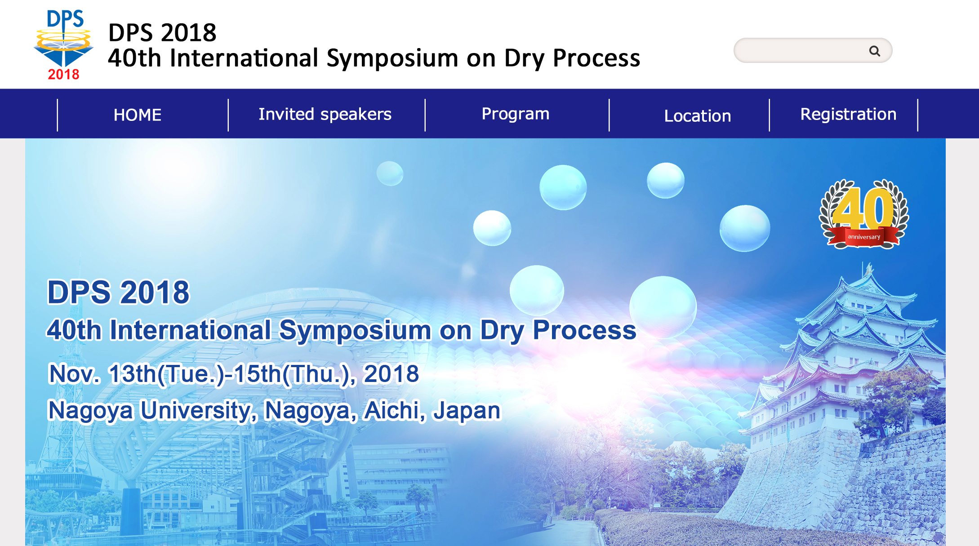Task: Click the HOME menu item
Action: [138, 115]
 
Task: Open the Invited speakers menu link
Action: [325, 115]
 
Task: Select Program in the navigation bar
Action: [516, 114]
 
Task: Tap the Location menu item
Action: [698, 116]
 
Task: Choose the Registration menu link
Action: [848, 115]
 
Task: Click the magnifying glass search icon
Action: [874, 51]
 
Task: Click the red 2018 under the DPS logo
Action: [63, 74]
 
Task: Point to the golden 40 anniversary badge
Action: [863, 214]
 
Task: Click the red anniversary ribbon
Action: [863, 237]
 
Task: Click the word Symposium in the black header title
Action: [392, 58]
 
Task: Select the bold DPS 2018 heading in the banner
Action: [119, 293]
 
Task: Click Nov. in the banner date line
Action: [75, 374]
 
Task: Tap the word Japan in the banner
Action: [466, 411]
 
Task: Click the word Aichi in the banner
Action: [394, 411]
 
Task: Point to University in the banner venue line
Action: [199, 411]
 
